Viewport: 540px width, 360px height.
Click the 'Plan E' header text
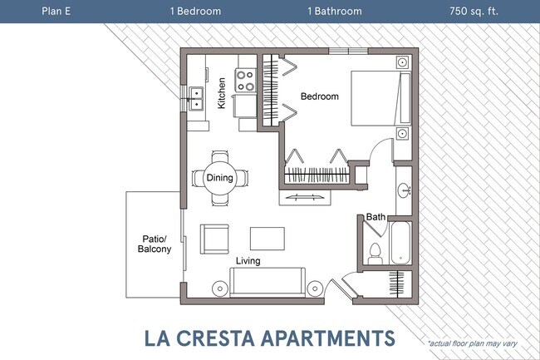56,12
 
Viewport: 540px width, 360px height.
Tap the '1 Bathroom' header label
336,12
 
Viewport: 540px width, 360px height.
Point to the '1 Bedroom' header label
195,12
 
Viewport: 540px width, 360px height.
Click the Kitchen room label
222,93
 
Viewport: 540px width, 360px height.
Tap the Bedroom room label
320,96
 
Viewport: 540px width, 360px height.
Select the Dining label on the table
219,177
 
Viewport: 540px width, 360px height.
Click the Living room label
247,260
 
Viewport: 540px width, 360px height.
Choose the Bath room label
376,217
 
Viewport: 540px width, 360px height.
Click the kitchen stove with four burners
246,80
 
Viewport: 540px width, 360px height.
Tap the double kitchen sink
197,99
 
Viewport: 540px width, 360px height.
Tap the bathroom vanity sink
404,189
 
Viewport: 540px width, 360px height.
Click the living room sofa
268,283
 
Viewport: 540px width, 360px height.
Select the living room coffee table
268,237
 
